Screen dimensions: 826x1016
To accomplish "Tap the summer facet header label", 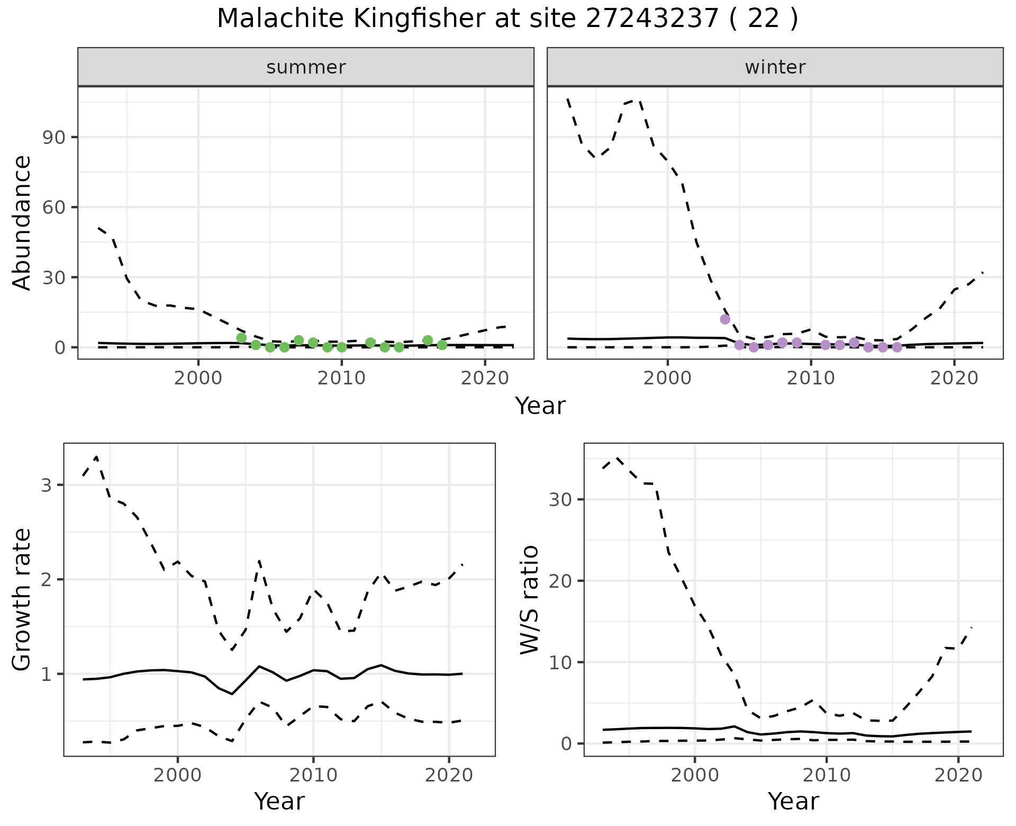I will point(306,67).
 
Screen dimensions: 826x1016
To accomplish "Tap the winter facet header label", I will point(775,67).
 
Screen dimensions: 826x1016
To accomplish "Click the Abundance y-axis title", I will point(22,223).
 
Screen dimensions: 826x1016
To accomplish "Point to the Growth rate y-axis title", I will point(22,600).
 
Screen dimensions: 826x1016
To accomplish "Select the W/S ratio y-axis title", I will point(529,600).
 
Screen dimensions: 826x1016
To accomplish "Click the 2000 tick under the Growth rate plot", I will point(178,776).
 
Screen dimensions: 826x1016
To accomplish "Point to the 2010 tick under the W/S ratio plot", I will point(827,776).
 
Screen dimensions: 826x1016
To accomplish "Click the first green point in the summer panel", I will point(241,338).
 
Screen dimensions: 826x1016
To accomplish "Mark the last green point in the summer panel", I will point(442,345).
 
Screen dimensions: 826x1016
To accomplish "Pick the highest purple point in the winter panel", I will point(725,319).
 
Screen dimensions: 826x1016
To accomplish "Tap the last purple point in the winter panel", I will point(897,347).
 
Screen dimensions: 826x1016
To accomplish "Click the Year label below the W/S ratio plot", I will point(793,801).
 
